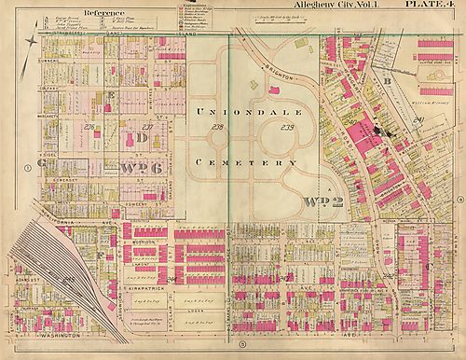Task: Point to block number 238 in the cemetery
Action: coord(219,127)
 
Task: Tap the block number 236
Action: coord(89,127)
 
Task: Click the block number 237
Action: coord(146,127)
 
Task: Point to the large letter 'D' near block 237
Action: coord(142,138)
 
